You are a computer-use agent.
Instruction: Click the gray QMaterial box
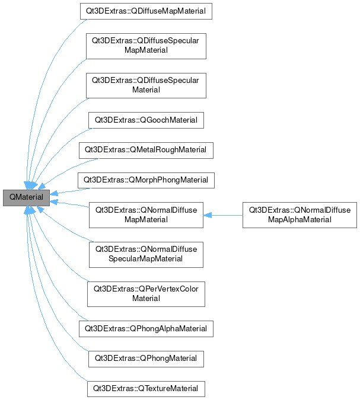coord(26,198)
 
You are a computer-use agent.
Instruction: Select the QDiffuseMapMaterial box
coord(146,11)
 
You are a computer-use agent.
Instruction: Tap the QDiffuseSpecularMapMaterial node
coord(146,46)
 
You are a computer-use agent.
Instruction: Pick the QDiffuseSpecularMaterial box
coord(146,85)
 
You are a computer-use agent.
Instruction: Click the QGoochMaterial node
coord(146,120)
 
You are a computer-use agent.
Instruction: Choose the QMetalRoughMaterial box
coord(146,150)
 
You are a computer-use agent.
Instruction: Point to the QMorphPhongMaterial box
coord(146,180)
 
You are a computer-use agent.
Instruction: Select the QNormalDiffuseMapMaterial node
coord(146,215)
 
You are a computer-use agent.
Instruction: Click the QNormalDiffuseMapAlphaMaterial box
coord(300,215)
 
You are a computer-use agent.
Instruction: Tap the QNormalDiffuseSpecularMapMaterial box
coord(146,254)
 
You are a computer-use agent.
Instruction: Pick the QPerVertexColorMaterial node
coord(146,293)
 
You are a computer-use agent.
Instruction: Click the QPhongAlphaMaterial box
coord(146,328)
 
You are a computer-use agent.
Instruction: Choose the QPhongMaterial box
coord(146,359)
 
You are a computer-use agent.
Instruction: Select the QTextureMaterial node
coord(146,389)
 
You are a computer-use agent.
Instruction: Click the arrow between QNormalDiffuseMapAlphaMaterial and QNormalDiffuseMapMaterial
coord(225,215)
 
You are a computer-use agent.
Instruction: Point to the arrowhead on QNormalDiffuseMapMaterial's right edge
coord(208,215)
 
